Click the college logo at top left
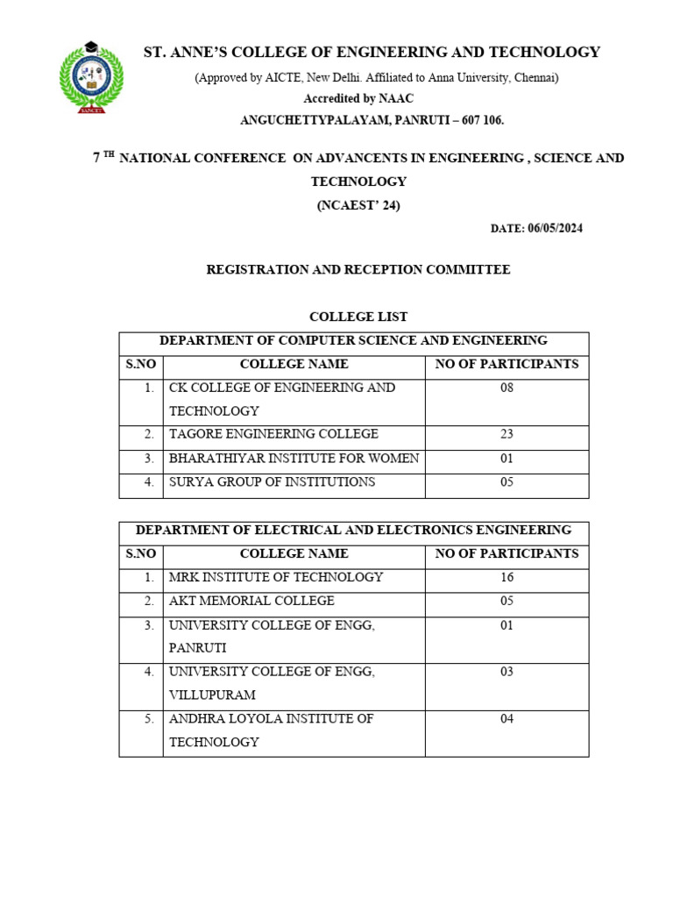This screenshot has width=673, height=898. (x=91, y=77)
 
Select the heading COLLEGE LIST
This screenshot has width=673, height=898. (x=358, y=317)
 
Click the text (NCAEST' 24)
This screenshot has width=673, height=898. (x=358, y=206)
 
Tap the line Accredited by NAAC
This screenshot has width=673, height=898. (x=358, y=98)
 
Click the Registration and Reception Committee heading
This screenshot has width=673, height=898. (x=358, y=270)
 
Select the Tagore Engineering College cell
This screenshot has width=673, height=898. (x=273, y=434)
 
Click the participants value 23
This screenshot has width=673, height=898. (x=507, y=434)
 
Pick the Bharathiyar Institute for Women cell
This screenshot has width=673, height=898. (x=294, y=459)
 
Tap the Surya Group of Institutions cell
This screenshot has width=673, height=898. (x=272, y=482)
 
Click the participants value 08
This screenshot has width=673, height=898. (x=507, y=388)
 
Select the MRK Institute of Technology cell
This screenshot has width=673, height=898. (x=276, y=578)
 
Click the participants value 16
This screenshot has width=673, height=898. (x=507, y=578)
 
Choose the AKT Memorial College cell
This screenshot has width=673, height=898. (x=251, y=602)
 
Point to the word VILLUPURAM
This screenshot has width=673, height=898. (x=212, y=695)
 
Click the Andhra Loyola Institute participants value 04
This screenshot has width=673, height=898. (x=507, y=719)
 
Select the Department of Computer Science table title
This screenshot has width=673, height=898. (x=353, y=340)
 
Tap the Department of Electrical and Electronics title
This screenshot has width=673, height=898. (x=353, y=531)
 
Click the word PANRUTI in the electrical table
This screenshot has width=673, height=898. (x=198, y=648)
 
